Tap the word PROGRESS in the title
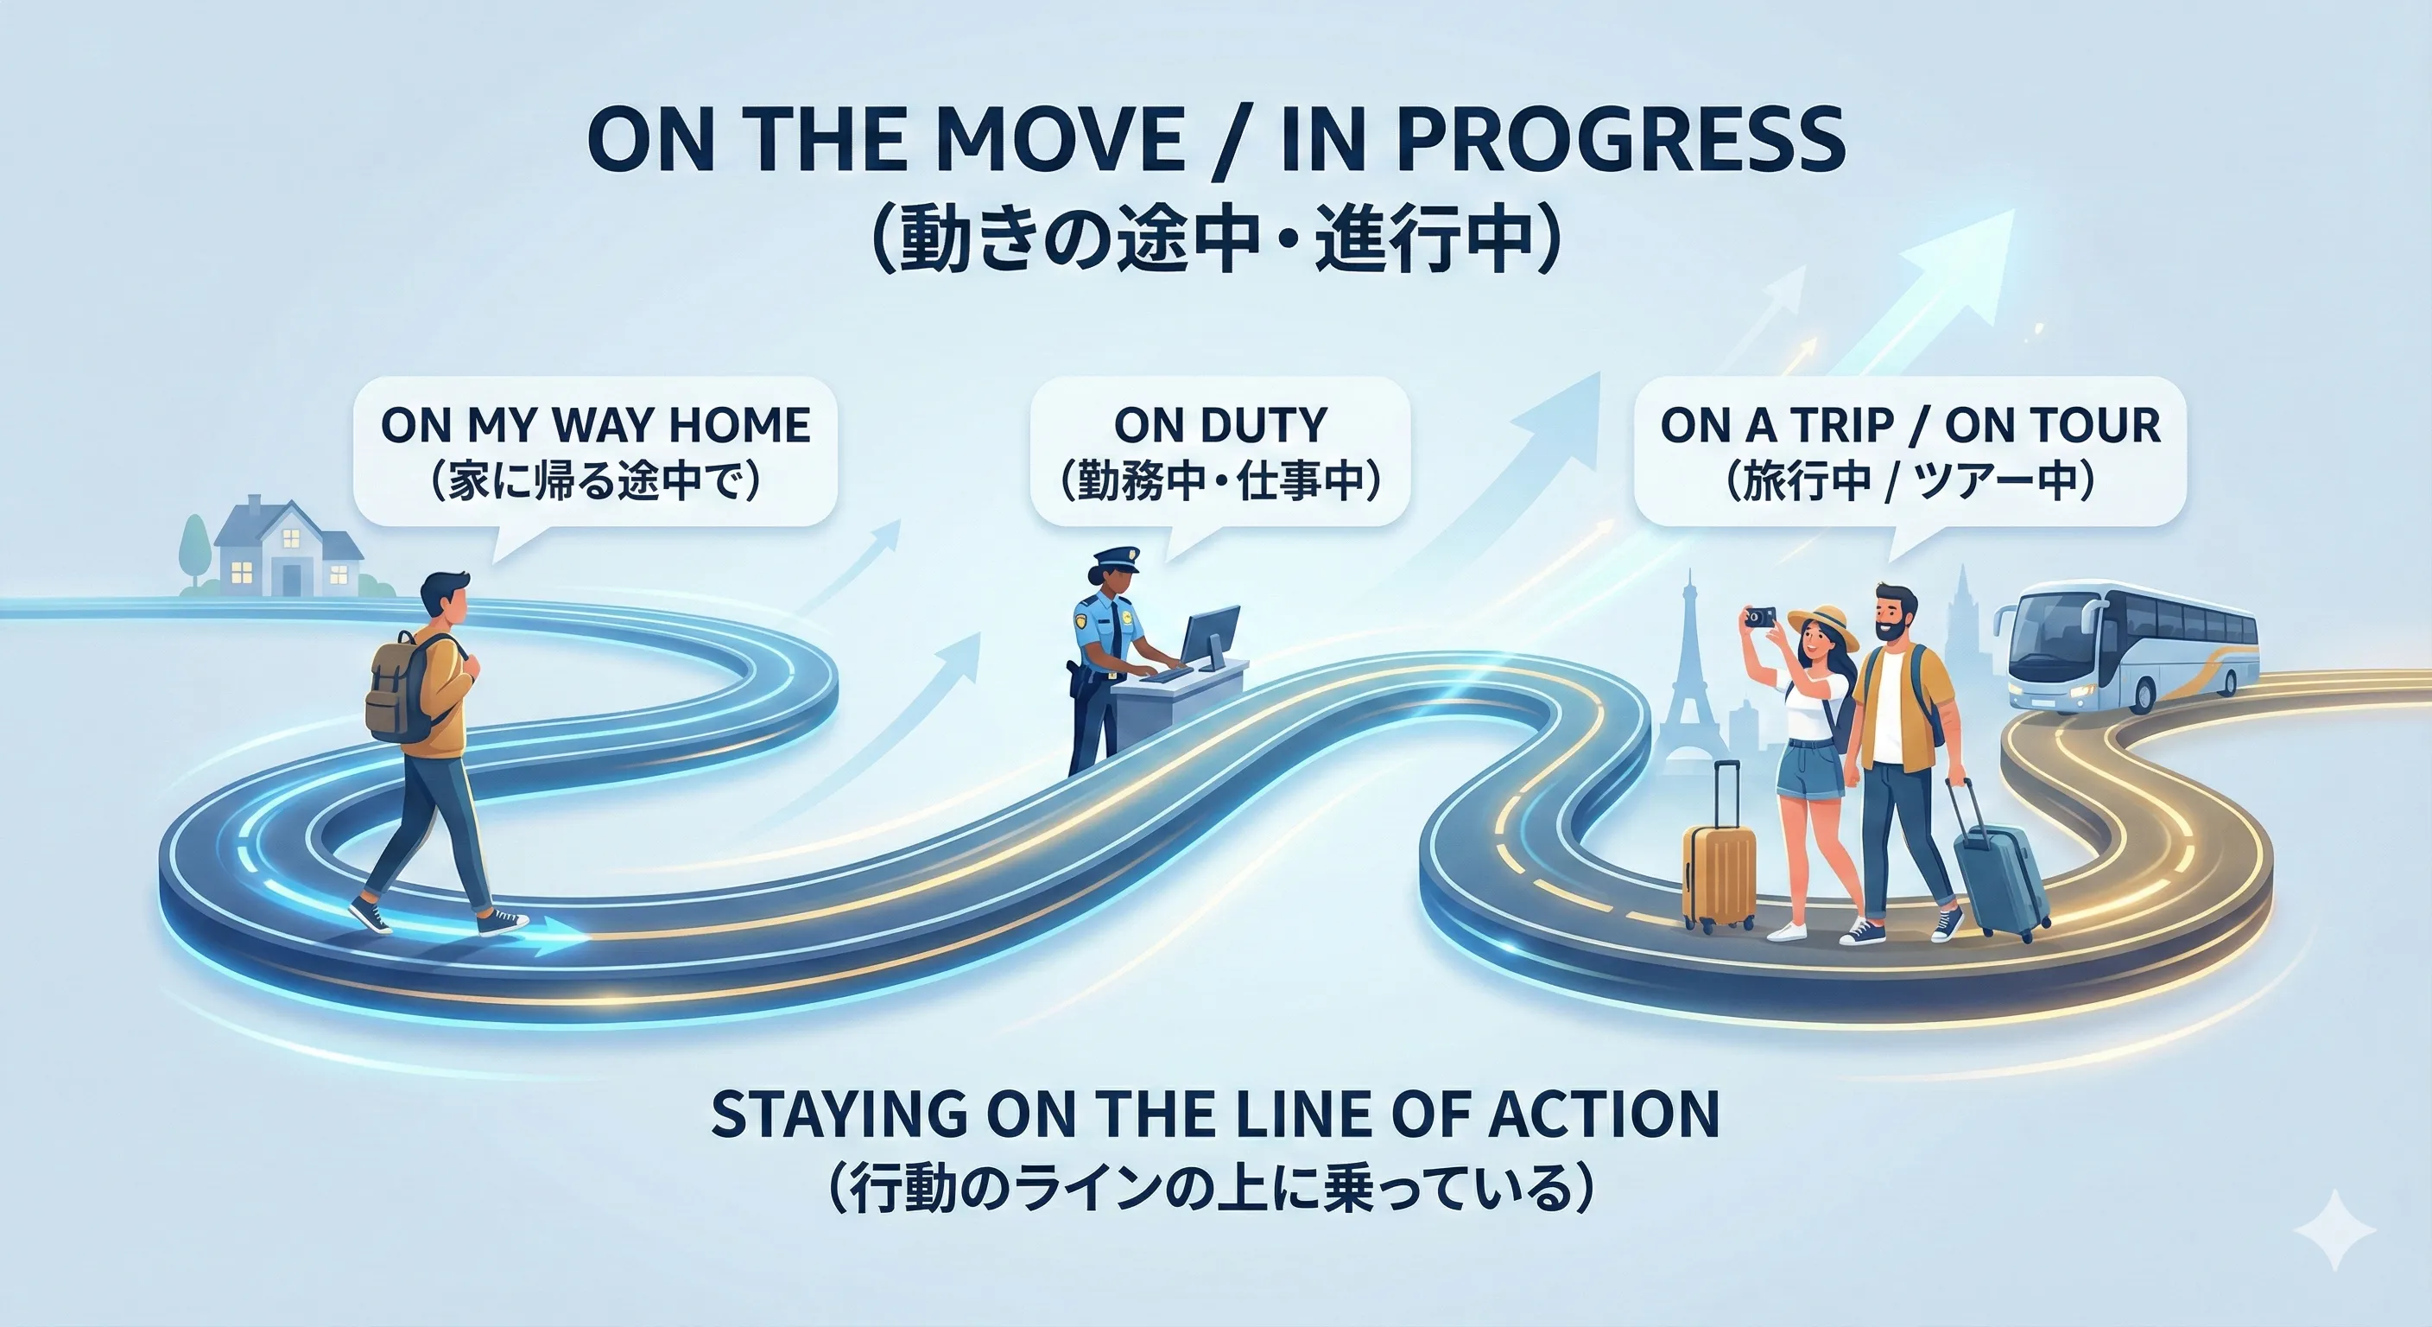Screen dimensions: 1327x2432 [1618, 141]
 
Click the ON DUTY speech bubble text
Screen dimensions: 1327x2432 [1219, 425]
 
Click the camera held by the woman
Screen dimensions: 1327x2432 [1757, 617]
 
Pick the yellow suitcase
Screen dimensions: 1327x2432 [1719, 873]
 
